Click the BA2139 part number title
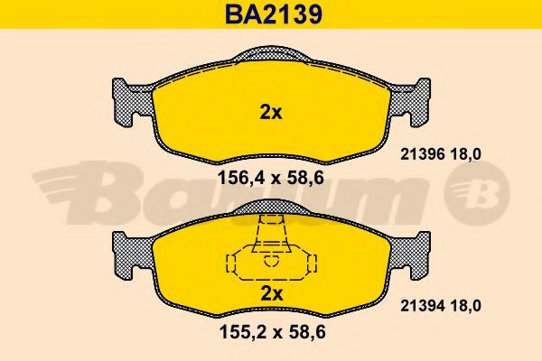coord(274,14)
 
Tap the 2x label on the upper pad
coord(271,112)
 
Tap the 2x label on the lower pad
coord(271,293)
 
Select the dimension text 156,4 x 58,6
coord(271,179)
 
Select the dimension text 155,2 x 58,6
coord(273,332)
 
